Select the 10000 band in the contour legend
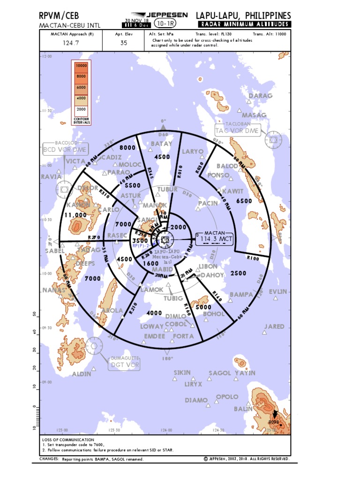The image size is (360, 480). click(81, 67)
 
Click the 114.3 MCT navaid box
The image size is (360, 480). click(217, 240)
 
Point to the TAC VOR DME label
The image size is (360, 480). click(237, 131)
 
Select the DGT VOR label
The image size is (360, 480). click(124, 364)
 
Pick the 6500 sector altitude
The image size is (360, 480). click(244, 201)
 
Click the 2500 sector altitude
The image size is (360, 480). click(238, 273)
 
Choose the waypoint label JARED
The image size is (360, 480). click(274, 326)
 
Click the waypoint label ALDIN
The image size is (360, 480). click(82, 374)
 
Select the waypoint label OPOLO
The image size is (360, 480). click(227, 397)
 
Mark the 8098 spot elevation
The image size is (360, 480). click(274, 422)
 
